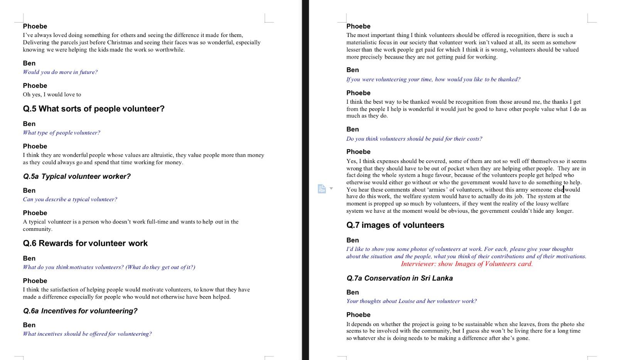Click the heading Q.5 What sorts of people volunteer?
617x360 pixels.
[94, 109]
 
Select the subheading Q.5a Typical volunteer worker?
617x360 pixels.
[77, 177]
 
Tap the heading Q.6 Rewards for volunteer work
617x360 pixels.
[85, 243]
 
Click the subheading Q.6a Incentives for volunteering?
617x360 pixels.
[80, 311]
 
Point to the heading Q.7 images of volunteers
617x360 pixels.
[395, 225]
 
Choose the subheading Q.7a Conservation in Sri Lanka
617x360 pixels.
[400, 278]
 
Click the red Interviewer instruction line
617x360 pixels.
[466, 264]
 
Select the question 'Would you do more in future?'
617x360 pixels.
[60, 72]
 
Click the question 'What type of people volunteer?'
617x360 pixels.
[61, 133]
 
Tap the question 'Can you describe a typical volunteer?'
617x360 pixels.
[70, 199]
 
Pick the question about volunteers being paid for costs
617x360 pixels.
[414, 139]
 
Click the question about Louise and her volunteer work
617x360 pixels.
[411, 301]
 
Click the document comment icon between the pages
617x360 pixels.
[322, 189]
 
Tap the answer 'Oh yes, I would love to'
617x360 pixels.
[52, 94]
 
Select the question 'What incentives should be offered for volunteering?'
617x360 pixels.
[87, 334]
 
